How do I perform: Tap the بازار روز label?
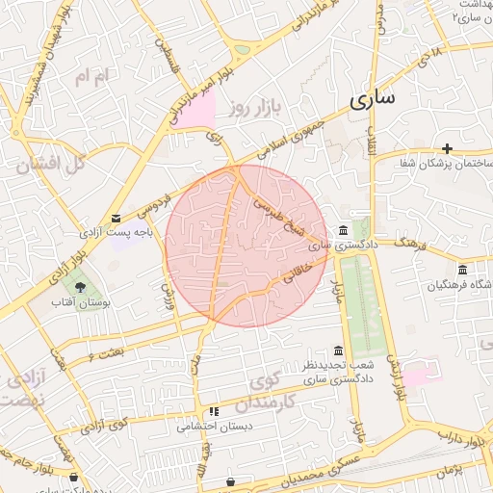(253, 108)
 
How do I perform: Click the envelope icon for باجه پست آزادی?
(117, 219)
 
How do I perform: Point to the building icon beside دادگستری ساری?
(344, 230)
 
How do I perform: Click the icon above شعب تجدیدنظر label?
(337, 350)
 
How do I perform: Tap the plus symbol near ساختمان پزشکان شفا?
(447, 147)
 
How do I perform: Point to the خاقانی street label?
(298, 275)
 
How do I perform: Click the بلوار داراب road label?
(463, 442)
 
